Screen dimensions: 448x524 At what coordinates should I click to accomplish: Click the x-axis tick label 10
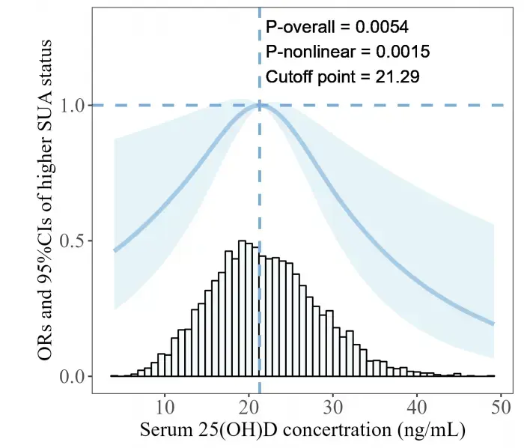[165, 408]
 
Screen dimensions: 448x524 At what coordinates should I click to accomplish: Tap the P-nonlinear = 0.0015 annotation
[347, 52]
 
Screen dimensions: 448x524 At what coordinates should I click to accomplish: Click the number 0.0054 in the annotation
[381, 28]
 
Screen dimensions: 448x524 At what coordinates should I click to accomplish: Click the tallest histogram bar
[242, 308]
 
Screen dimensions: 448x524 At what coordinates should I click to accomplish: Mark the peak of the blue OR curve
[259, 106]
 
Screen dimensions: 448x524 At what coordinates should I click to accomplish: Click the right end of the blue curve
[493, 324]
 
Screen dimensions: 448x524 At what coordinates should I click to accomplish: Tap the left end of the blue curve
[115, 250]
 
